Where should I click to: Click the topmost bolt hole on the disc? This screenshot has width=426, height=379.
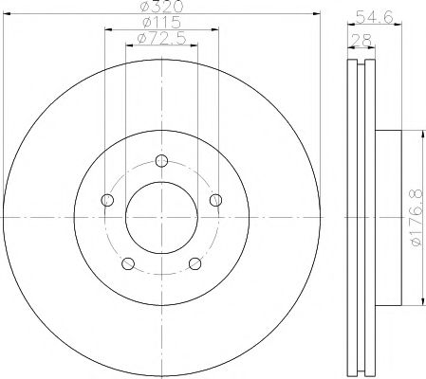(x=162, y=159)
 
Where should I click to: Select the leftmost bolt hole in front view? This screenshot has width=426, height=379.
(x=107, y=199)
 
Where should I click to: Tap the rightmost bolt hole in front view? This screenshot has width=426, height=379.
(x=217, y=199)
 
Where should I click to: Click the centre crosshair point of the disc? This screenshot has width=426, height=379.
(x=162, y=217)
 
